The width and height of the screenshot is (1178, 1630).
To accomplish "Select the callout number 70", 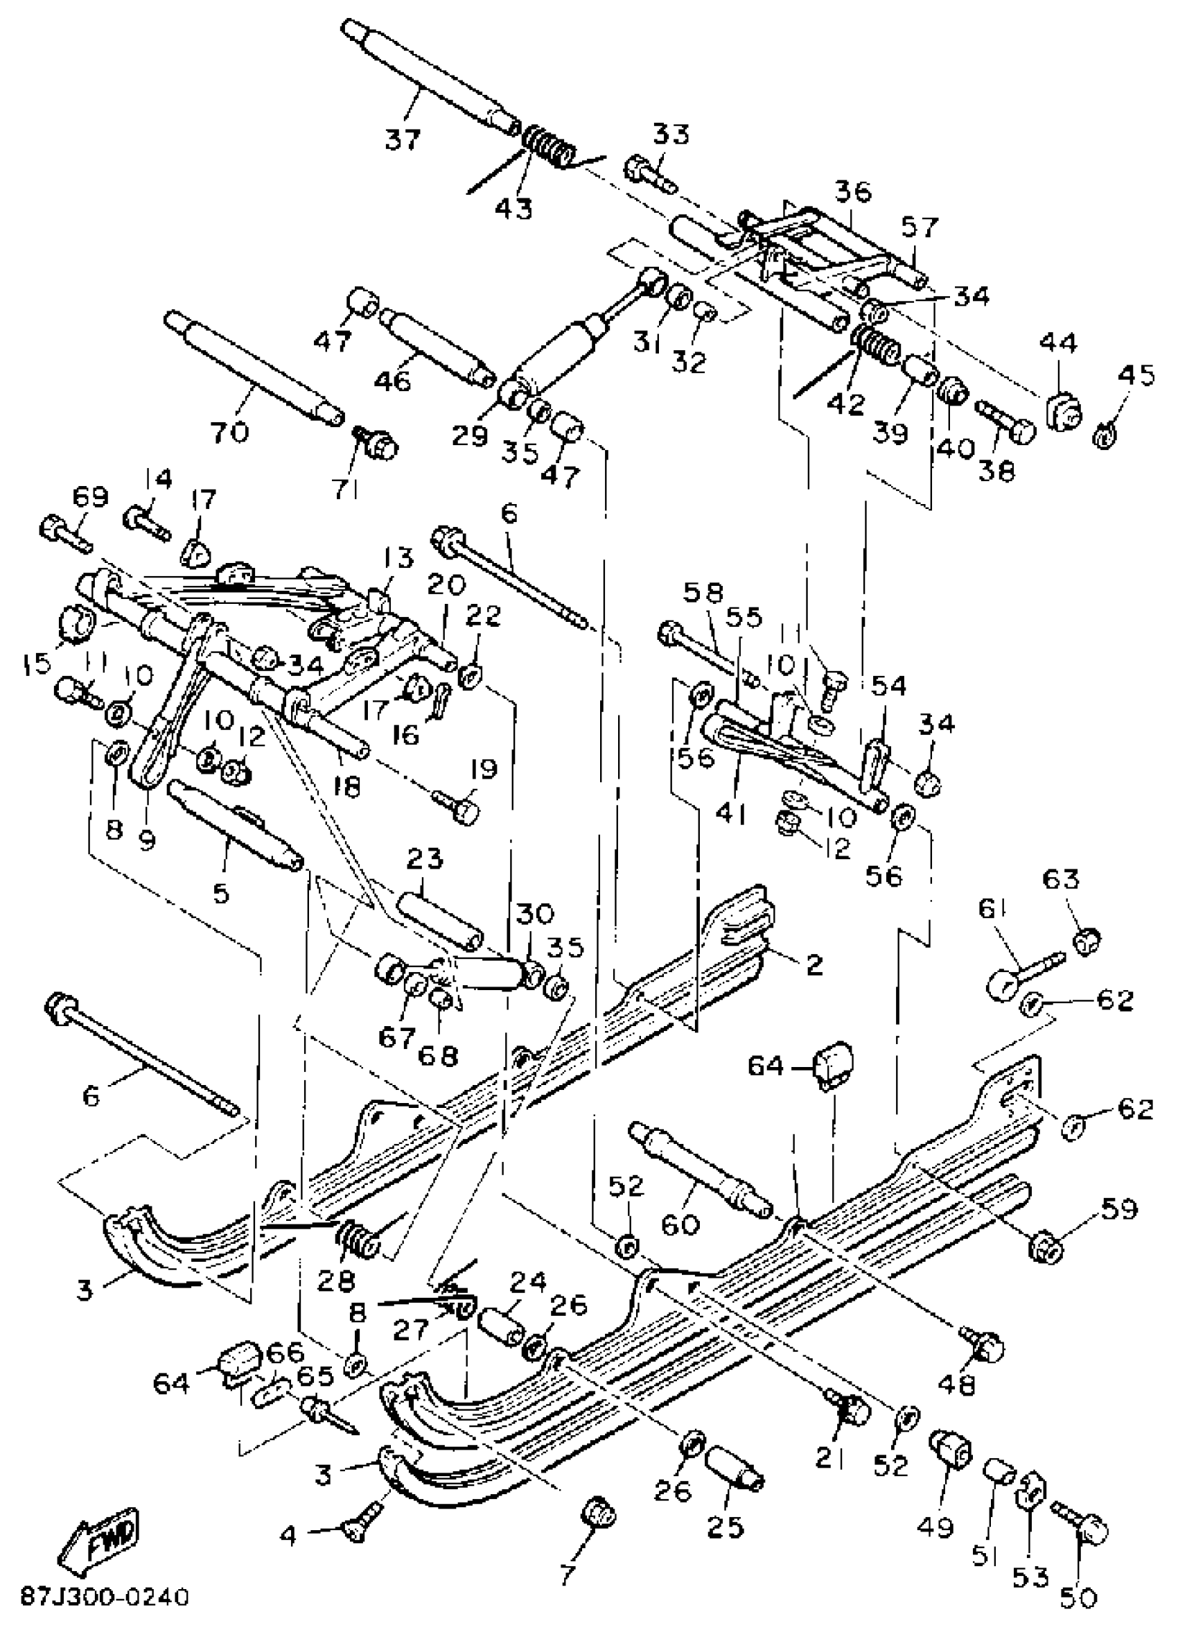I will (230, 432).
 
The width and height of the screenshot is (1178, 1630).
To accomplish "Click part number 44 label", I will (1058, 343).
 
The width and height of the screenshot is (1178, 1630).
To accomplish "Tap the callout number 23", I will (425, 859).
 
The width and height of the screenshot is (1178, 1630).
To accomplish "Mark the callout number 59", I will (1120, 1209).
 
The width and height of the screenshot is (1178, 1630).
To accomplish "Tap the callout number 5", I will (220, 892).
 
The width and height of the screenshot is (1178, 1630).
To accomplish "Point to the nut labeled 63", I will (1087, 939).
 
